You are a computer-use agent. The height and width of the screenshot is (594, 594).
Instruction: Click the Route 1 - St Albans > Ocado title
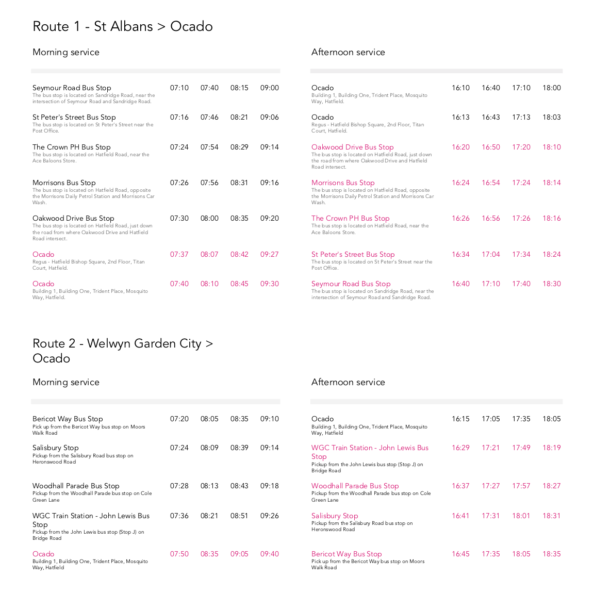122,26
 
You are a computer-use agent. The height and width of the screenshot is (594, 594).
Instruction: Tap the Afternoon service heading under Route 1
348,52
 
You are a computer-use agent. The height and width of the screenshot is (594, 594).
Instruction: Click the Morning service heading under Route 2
65,382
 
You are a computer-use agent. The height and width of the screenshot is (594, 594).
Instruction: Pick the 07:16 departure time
179,118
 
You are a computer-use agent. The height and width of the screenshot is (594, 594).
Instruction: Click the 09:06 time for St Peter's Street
269,118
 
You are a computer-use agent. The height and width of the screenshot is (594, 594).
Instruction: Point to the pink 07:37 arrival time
179,255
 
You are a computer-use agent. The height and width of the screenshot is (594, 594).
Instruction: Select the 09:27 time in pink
269,255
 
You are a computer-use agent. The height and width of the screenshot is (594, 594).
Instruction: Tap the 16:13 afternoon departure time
460,118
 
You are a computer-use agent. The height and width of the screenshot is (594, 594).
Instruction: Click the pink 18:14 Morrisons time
551,183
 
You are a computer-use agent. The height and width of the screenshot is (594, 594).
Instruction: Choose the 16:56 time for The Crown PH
491,219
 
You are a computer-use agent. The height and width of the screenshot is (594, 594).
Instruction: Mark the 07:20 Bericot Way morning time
179,419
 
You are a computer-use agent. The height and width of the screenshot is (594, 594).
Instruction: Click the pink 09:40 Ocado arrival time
269,554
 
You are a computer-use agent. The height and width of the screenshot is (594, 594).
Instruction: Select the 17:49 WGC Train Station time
521,448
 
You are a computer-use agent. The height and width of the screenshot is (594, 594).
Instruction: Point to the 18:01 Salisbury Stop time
521,516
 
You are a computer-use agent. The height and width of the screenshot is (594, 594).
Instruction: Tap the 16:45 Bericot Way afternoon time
460,554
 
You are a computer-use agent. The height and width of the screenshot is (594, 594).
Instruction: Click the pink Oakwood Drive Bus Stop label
352,147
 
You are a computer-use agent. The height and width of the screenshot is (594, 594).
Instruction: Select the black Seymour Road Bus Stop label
72,88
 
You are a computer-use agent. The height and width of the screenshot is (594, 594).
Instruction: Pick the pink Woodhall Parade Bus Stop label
355,486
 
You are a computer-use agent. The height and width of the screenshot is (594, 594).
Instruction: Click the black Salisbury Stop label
55,448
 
